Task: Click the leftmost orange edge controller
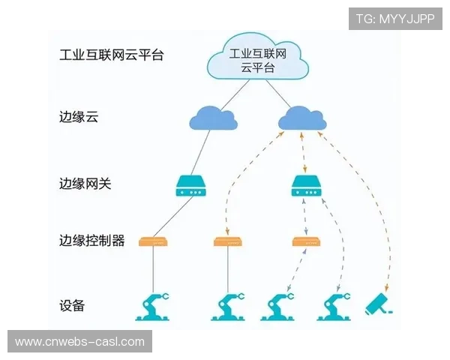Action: click(153, 241)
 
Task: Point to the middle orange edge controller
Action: click(228, 241)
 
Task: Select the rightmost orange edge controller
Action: click(306, 241)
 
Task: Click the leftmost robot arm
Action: click(156, 306)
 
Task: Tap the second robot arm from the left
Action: click(229, 306)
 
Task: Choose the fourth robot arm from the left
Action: click(337, 306)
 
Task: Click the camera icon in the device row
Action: click(379, 304)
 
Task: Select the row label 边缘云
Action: click(79, 118)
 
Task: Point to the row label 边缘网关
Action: click(85, 183)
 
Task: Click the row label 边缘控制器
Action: click(91, 241)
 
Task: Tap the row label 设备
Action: click(72, 306)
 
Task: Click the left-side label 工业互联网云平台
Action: click(112, 55)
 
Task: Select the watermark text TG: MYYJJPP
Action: click(395, 19)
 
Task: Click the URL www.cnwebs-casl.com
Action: click(79, 342)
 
